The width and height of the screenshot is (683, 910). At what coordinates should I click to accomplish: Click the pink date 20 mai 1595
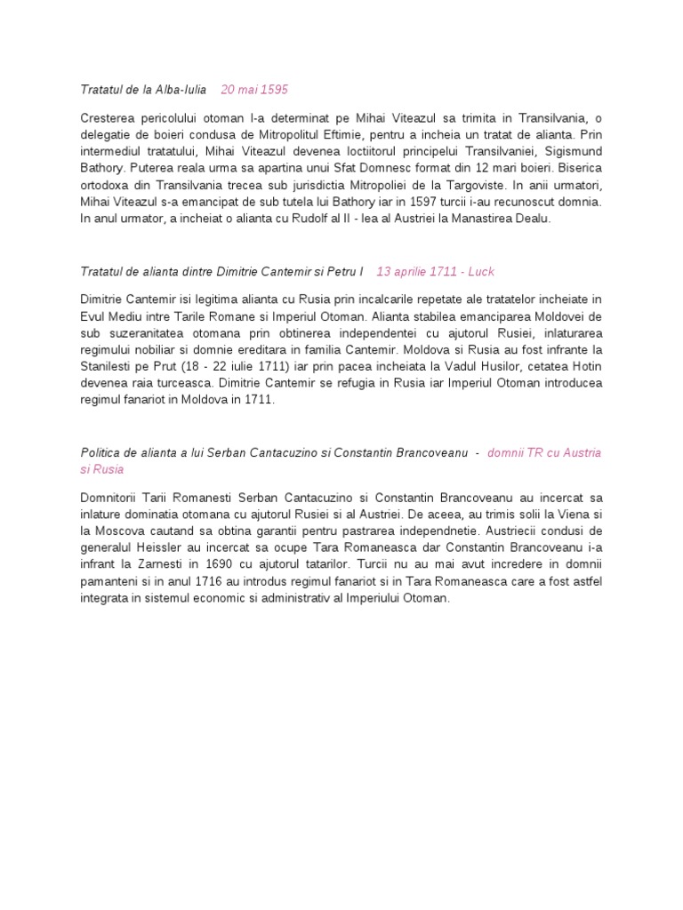pos(254,90)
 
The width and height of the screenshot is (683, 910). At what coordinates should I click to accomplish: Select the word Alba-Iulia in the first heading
pos(181,90)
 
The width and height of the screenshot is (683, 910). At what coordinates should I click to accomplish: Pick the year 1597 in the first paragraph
pos(416,201)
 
